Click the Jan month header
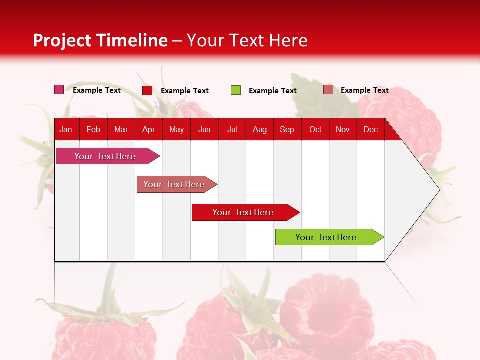(66, 129)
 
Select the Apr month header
(149, 129)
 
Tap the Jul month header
(232, 129)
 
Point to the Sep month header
(287, 129)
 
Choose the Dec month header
(370, 129)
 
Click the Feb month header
(93, 129)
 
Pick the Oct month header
(315, 129)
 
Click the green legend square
(236, 90)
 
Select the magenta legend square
(59, 90)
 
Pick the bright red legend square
(147, 90)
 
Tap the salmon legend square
(328, 90)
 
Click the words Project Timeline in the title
(100, 40)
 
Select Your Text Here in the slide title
(247, 40)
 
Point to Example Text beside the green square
(272, 91)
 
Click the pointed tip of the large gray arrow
(438, 190)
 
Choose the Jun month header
(204, 129)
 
